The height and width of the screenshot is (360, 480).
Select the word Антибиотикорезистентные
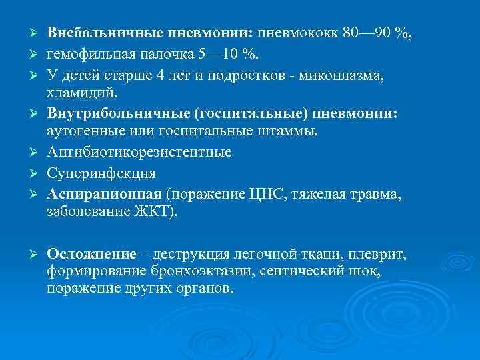[x=139, y=152]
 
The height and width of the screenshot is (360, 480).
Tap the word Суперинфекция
[x=101, y=173]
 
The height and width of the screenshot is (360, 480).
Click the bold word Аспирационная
[x=104, y=194]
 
